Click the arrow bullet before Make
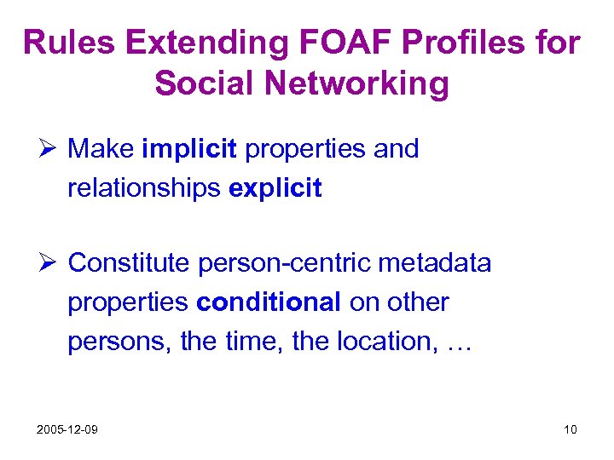click(49, 149)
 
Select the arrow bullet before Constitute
click(49, 264)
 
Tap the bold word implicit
click(189, 149)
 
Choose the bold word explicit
click(275, 188)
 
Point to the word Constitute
click(130, 264)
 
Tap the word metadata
click(435, 264)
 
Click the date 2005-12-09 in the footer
click(67, 429)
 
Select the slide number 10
click(570, 429)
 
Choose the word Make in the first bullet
click(101, 149)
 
